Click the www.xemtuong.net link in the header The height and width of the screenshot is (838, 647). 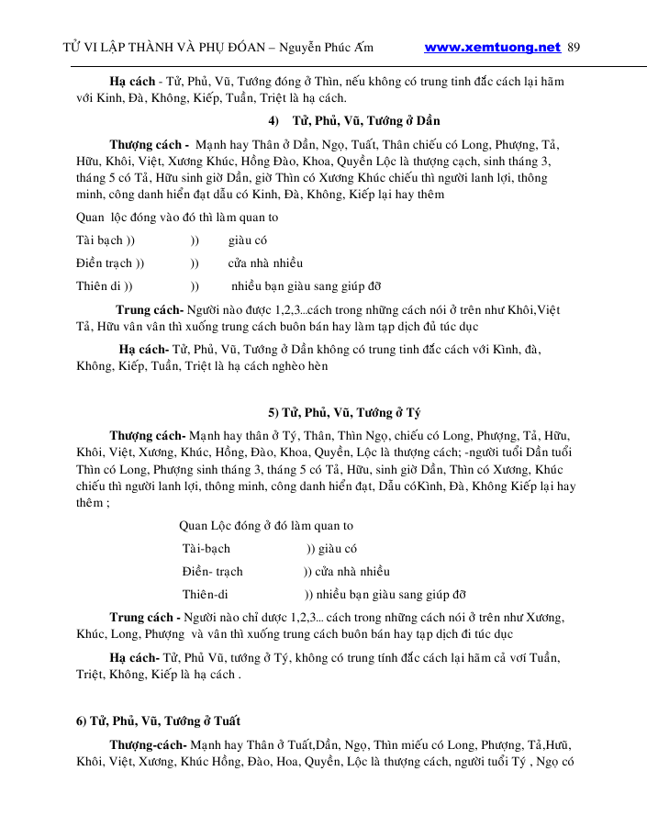click(492, 47)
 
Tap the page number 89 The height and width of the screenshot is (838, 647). click(574, 47)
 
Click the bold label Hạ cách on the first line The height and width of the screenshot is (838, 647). click(130, 81)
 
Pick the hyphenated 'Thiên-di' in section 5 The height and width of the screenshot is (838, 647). click(205, 593)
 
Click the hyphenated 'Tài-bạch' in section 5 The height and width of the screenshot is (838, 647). click(206, 549)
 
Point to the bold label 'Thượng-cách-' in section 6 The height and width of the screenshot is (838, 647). click(149, 744)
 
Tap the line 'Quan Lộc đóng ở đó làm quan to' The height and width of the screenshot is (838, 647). click(266, 526)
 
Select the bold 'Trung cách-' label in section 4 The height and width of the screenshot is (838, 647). click(150, 309)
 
